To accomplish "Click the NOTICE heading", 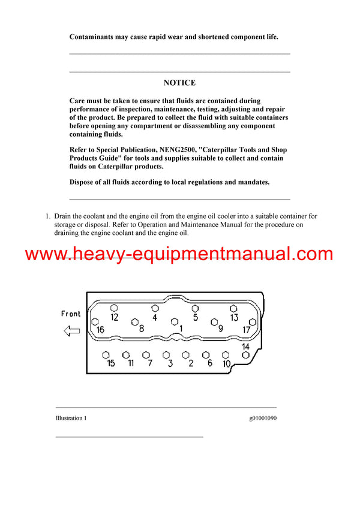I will (x=179, y=83).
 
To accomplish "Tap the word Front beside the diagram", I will (x=71, y=314).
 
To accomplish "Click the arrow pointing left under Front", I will (x=71, y=330).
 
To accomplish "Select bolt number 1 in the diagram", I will (x=181, y=329).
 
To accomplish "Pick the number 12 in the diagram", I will (x=114, y=317).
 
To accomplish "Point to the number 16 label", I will (x=100, y=330).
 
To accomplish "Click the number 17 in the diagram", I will (x=246, y=330).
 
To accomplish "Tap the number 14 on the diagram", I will (x=245, y=347).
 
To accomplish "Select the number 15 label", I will (x=110, y=363).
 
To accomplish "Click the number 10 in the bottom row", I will (x=226, y=363).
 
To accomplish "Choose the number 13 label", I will (x=234, y=317).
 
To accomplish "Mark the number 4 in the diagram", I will (x=154, y=317).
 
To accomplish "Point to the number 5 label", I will (x=195, y=317).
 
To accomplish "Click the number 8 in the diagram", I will (x=142, y=329).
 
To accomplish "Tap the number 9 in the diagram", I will (x=220, y=329).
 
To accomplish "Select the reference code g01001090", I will (x=262, y=418).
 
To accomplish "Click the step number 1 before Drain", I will (x=48, y=216).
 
